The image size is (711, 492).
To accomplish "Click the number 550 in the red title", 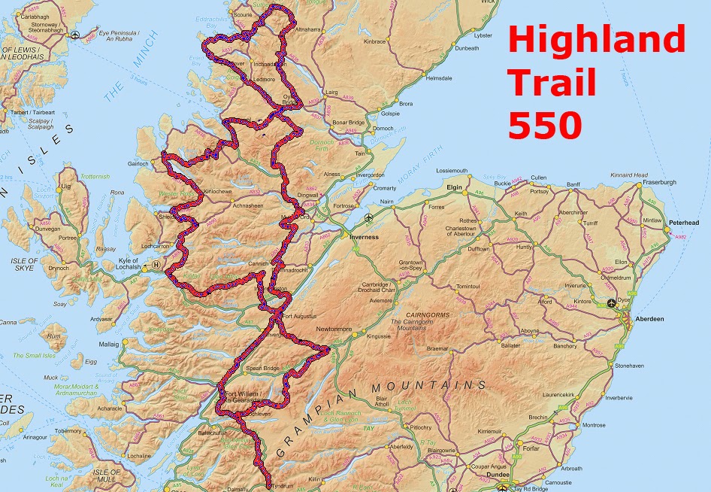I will [545, 125].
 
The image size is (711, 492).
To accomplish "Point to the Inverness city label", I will [364, 237].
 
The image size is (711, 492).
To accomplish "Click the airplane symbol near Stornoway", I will [74, 35].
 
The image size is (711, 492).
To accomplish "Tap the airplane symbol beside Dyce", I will [610, 303].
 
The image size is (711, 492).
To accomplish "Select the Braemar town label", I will [437, 348].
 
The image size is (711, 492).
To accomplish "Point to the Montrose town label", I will [593, 425].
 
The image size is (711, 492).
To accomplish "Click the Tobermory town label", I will [67, 431].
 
